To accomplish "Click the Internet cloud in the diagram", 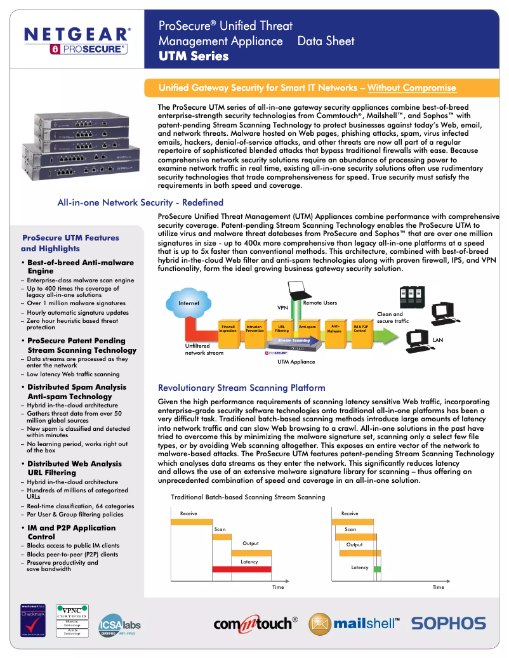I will tap(189, 303).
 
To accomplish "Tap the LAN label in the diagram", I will tap(437, 341).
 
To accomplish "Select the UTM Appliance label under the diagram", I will tap(296, 362).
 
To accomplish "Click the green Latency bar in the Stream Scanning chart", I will tap(377, 569).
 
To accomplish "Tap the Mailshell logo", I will tap(354, 624).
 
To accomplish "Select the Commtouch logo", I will tap(255, 624).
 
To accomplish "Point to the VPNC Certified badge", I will tap(72, 621).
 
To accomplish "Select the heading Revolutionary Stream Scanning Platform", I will tap(241, 388).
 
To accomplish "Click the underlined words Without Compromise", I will tap(411, 88).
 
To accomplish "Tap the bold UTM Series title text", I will tap(193, 56).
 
